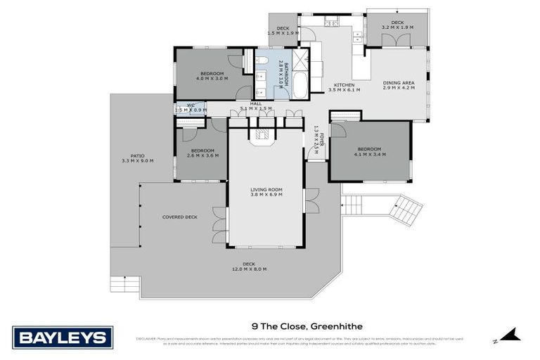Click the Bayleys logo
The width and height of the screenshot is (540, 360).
(x=63, y=337)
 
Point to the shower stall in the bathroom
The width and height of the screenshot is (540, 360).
(x=300, y=59)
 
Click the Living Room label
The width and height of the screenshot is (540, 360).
(x=266, y=192)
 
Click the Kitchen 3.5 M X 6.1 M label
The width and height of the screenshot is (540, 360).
(x=344, y=86)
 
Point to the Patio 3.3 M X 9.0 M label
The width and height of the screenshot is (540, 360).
(x=137, y=158)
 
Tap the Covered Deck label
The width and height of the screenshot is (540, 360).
(x=179, y=217)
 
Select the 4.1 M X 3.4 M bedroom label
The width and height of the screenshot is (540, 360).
(x=369, y=152)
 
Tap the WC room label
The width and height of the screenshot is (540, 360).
(x=190, y=108)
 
